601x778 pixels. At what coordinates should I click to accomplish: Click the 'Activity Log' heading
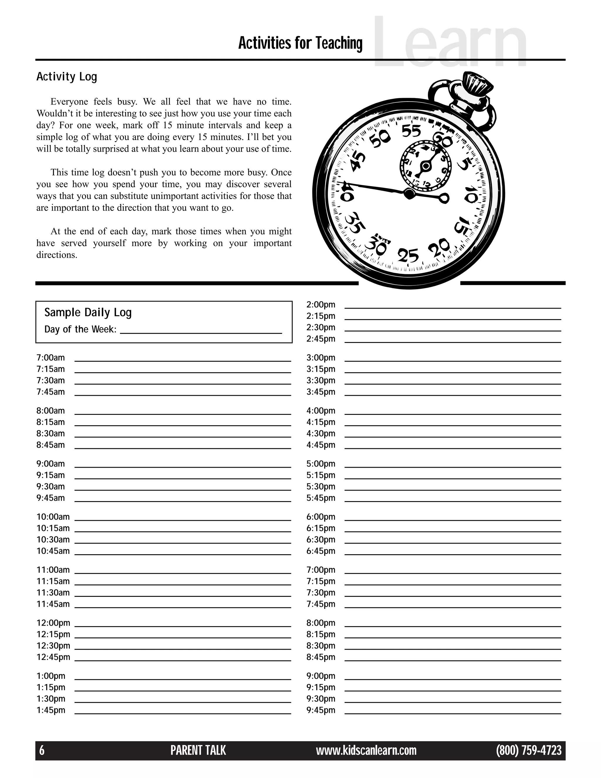click(x=67, y=77)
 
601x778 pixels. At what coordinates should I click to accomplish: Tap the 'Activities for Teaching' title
click(x=300, y=43)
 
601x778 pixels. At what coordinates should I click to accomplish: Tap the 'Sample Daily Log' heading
click(x=88, y=312)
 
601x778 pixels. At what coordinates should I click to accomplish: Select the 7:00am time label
click(x=50, y=358)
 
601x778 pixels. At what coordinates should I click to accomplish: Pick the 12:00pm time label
click(x=53, y=623)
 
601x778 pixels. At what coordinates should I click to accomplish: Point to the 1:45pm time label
click(x=51, y=710)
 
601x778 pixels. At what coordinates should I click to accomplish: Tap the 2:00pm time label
click(x=321, y=304)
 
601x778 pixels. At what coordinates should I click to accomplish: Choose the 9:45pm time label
click(x=321, y=710)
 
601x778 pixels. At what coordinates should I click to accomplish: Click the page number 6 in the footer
click(x=42, y=751)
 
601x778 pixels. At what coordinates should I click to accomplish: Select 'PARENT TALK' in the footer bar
click(x=198, y=751)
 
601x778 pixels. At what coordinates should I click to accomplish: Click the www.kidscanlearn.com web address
click(x=366, y=751)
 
